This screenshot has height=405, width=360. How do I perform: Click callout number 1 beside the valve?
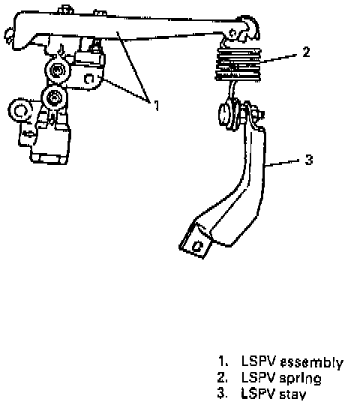[156, 106]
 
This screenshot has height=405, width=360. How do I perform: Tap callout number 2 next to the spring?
[306, 52]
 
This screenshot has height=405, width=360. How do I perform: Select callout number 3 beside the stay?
[309, 160]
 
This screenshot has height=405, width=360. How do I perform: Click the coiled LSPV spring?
[238, 64]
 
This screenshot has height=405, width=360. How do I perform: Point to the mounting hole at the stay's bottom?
[197, 246]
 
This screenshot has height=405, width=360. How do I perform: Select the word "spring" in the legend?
[300, 379]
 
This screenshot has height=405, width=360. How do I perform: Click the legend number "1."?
[223, 361]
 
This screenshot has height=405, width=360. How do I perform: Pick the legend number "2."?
[223, 377]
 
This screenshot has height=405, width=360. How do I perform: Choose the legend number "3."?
[223, 394]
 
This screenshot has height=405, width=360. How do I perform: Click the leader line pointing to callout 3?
[282, 163]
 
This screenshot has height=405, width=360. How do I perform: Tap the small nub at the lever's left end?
[9, 34]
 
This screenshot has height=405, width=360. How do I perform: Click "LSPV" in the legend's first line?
[259, 361]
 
